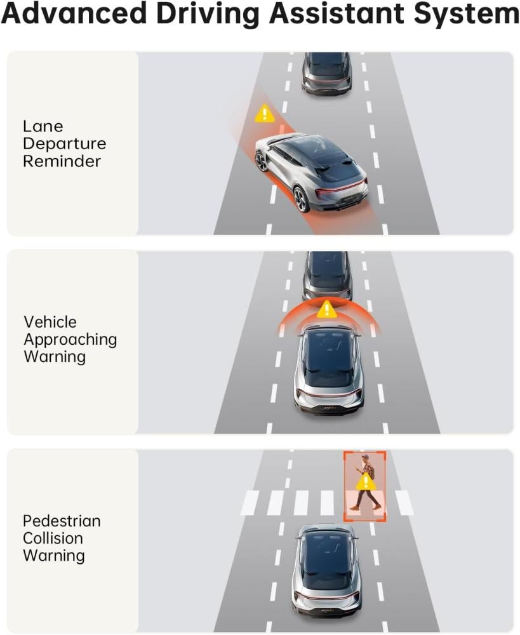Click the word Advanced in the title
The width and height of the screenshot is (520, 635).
[74, 13]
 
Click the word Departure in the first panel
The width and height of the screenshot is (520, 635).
[64, 144]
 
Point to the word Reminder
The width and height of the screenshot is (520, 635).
[62, 161]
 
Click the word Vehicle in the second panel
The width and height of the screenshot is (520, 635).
[50, 322]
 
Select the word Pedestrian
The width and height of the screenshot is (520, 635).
[62, 521]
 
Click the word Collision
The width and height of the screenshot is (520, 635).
[53, 538]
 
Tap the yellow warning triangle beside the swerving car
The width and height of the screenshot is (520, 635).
[265, 114]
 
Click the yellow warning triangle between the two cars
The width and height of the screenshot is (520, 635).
[326, 310]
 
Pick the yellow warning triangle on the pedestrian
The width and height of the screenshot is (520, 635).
[366, 482]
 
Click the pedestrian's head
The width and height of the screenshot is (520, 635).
[365, 458]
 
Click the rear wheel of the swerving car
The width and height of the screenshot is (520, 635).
[302, 199]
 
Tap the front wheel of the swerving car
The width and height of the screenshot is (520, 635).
[261, 161]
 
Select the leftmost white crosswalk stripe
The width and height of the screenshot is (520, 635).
[250, 502]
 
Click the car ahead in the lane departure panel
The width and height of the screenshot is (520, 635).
[326, 74]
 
